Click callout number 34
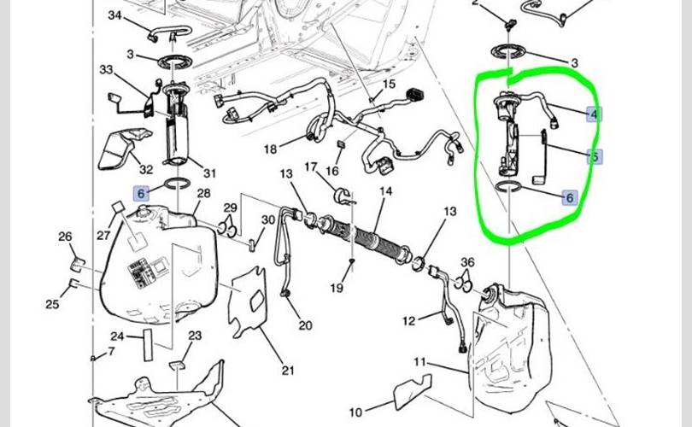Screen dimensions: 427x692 click(115, 16)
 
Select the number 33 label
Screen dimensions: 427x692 click(106, 69)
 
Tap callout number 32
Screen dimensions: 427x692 click(146, 169)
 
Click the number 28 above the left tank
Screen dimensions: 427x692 click(203, 194)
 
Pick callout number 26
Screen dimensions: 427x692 click(66, 237)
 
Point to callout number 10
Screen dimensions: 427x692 click(355, 413)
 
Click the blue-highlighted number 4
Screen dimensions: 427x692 click(593, 114)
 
